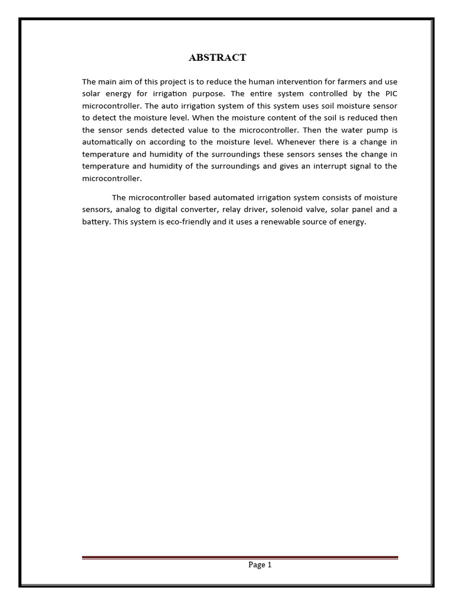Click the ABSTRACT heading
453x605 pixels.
click(217, 57)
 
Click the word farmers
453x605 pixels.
click(352, 81)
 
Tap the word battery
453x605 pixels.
click(96, 222)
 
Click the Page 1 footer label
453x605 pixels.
click(260, 565)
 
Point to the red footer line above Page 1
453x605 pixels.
click(240, 557)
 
